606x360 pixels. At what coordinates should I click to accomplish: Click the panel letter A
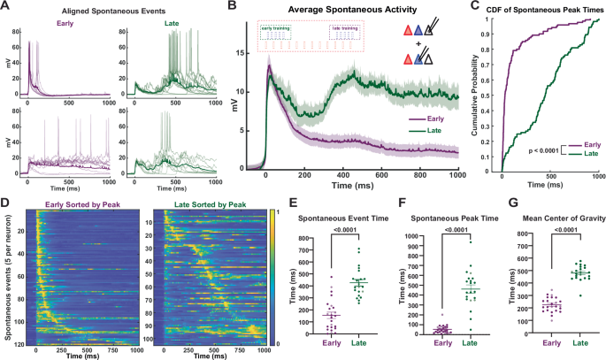tap(6, 7)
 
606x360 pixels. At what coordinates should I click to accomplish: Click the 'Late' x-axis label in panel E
tap(360, 352)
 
